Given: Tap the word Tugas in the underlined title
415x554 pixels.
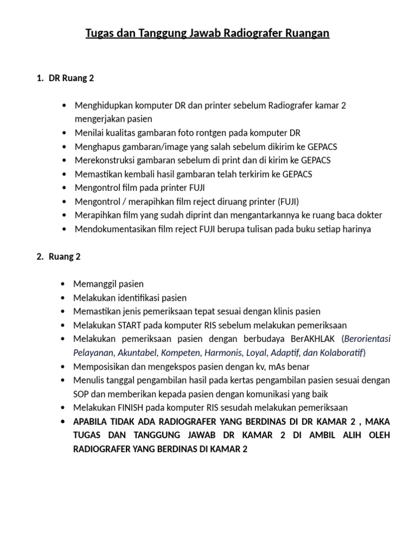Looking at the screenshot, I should pyautogui.click(x=101, y=34).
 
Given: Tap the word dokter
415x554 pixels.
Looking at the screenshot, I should pyautogui.click(x=369, y=215).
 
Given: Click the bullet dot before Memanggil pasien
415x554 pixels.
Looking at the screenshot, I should pyautogui.click(x=65, y=284).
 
